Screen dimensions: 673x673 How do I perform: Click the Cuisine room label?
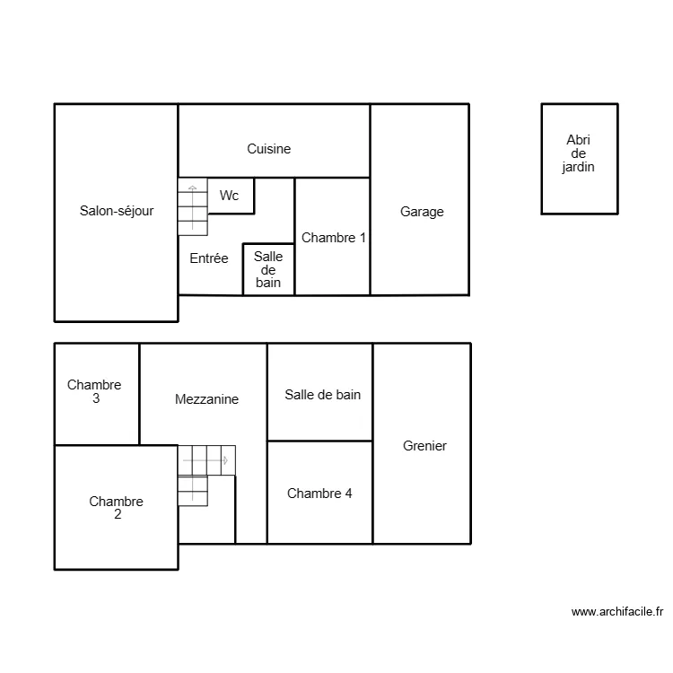[269, 149]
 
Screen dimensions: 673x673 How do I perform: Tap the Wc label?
[230, 196]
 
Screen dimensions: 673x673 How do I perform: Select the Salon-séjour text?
[117, 212]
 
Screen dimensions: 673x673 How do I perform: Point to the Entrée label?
[209, 258]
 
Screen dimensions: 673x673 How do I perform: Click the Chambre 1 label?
[334, 238]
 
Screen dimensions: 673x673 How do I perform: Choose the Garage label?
[422, 212]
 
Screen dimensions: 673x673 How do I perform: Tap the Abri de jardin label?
[579, 153]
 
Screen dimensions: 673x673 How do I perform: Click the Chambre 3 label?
[94, 391]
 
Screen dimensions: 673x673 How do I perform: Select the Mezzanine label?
[206, 399]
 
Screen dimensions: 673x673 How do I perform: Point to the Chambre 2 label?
[116, 508]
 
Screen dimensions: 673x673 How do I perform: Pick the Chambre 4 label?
[319, 493]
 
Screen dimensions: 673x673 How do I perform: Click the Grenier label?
[424, 446]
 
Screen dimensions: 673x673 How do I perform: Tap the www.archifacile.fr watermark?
[617, 612]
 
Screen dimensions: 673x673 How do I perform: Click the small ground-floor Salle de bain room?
[268, 269]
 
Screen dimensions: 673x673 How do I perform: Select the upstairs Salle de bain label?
[323, 394]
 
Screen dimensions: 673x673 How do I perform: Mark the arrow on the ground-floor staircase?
[192, 189]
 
